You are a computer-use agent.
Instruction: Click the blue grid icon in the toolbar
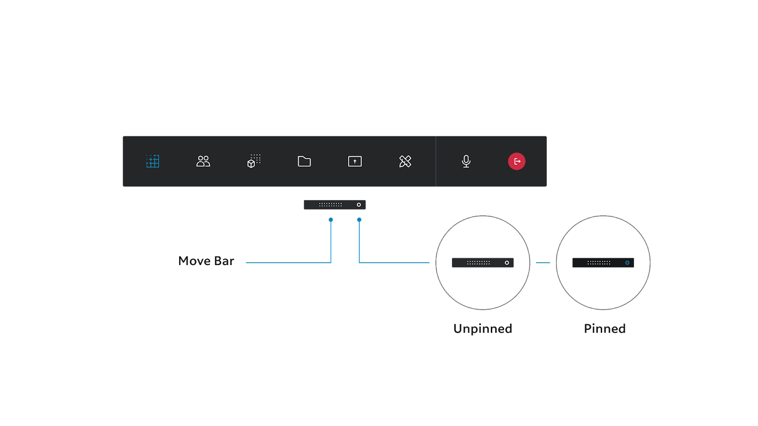coord(153,161)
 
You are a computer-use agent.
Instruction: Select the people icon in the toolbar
coord(203,161)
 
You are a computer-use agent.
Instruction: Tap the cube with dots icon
coord(254,161)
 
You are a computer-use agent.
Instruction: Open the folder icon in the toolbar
coord(304,161)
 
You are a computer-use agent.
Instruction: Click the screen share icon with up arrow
coord(355,161)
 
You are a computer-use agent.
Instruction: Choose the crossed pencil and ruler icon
coord(405,161)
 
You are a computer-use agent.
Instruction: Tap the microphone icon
coord(466,161)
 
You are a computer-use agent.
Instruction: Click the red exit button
coord(516,161)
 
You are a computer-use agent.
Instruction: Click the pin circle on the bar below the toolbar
coord(359,204)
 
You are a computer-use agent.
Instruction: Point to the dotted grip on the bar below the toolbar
coord(330,204)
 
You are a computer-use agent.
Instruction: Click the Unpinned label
coord(483,329)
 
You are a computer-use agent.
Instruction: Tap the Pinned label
coord(605,329)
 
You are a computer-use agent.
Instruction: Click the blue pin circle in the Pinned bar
coord(627,263)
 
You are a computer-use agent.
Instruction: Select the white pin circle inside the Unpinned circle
coord(506,263)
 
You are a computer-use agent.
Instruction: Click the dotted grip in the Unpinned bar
coord(478,263)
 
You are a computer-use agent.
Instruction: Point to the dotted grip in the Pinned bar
coord(599,263)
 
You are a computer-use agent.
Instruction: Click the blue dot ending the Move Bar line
coord(331,220)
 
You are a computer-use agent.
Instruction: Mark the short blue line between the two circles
coord(543,262)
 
